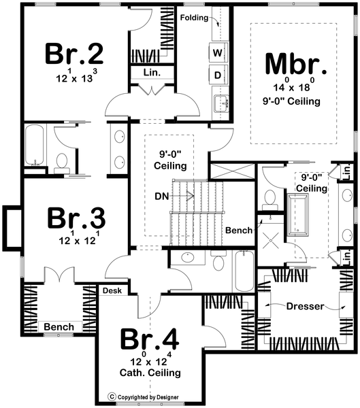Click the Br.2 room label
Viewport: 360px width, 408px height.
coord(74,54)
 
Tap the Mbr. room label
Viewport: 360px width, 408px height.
coord(296,64)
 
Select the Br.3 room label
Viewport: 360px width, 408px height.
coord(76,218)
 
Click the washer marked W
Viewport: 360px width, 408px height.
coord(218,52)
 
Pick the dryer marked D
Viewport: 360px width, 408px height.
coord(218,75)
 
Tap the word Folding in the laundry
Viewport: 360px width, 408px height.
coord(195,18)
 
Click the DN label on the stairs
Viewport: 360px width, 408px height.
coord(162,197)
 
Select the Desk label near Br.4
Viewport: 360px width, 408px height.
coord(112,290)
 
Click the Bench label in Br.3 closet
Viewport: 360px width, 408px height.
coord(59,326)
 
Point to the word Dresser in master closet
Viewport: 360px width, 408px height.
coord(306,306)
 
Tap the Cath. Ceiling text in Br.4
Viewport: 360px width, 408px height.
coord(150,373)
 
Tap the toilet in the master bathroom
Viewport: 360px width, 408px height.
coord(269,200)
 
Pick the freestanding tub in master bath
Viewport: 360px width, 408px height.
coord(298,215)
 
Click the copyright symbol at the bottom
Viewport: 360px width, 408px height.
coord(112,397)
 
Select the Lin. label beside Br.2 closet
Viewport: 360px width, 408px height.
coord(152,72)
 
